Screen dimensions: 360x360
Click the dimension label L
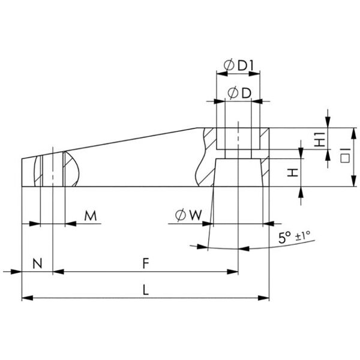pyautogui.click(x=146, y=289)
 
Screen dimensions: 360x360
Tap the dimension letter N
pyautogui.click(x=37, y=263)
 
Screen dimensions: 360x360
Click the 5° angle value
pyautogui.click(x=284, y=238)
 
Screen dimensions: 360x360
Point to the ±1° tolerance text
pyautogui.click(x=302, y=236)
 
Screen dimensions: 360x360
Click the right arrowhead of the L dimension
pyautogui.click(x=264, y=298)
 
